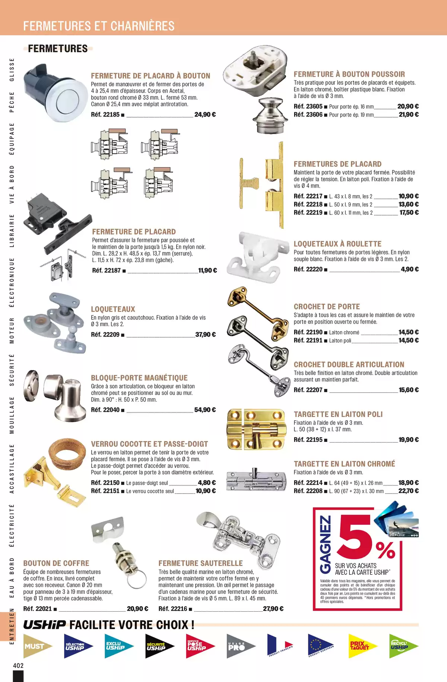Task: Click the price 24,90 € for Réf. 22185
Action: pyautogui.click(x=205, y=115)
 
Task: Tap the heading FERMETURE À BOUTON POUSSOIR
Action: pyautogui.click(x=349, y=74)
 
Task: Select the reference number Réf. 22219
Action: pyautogui.click(x=308, y=213)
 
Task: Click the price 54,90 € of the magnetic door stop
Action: pyautogui.click(x=205, y=410)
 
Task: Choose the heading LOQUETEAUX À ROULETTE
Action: pyautogui.click(x=337, y=244)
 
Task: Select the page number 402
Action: pyautogui.click(x=18, y=665)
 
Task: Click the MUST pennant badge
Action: pyautogui.click(x=36, y=646)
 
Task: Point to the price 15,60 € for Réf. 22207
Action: pyautogui.click(x=409, y=390)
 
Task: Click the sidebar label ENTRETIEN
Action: pyautogui.click(x=12, y=626)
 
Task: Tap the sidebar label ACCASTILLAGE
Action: pyautogui.click(x=12, y=468)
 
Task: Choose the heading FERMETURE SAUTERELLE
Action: pyautogui.click(x=200, y=563)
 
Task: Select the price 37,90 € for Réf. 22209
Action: pyautogui.click(x=205, y=335)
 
